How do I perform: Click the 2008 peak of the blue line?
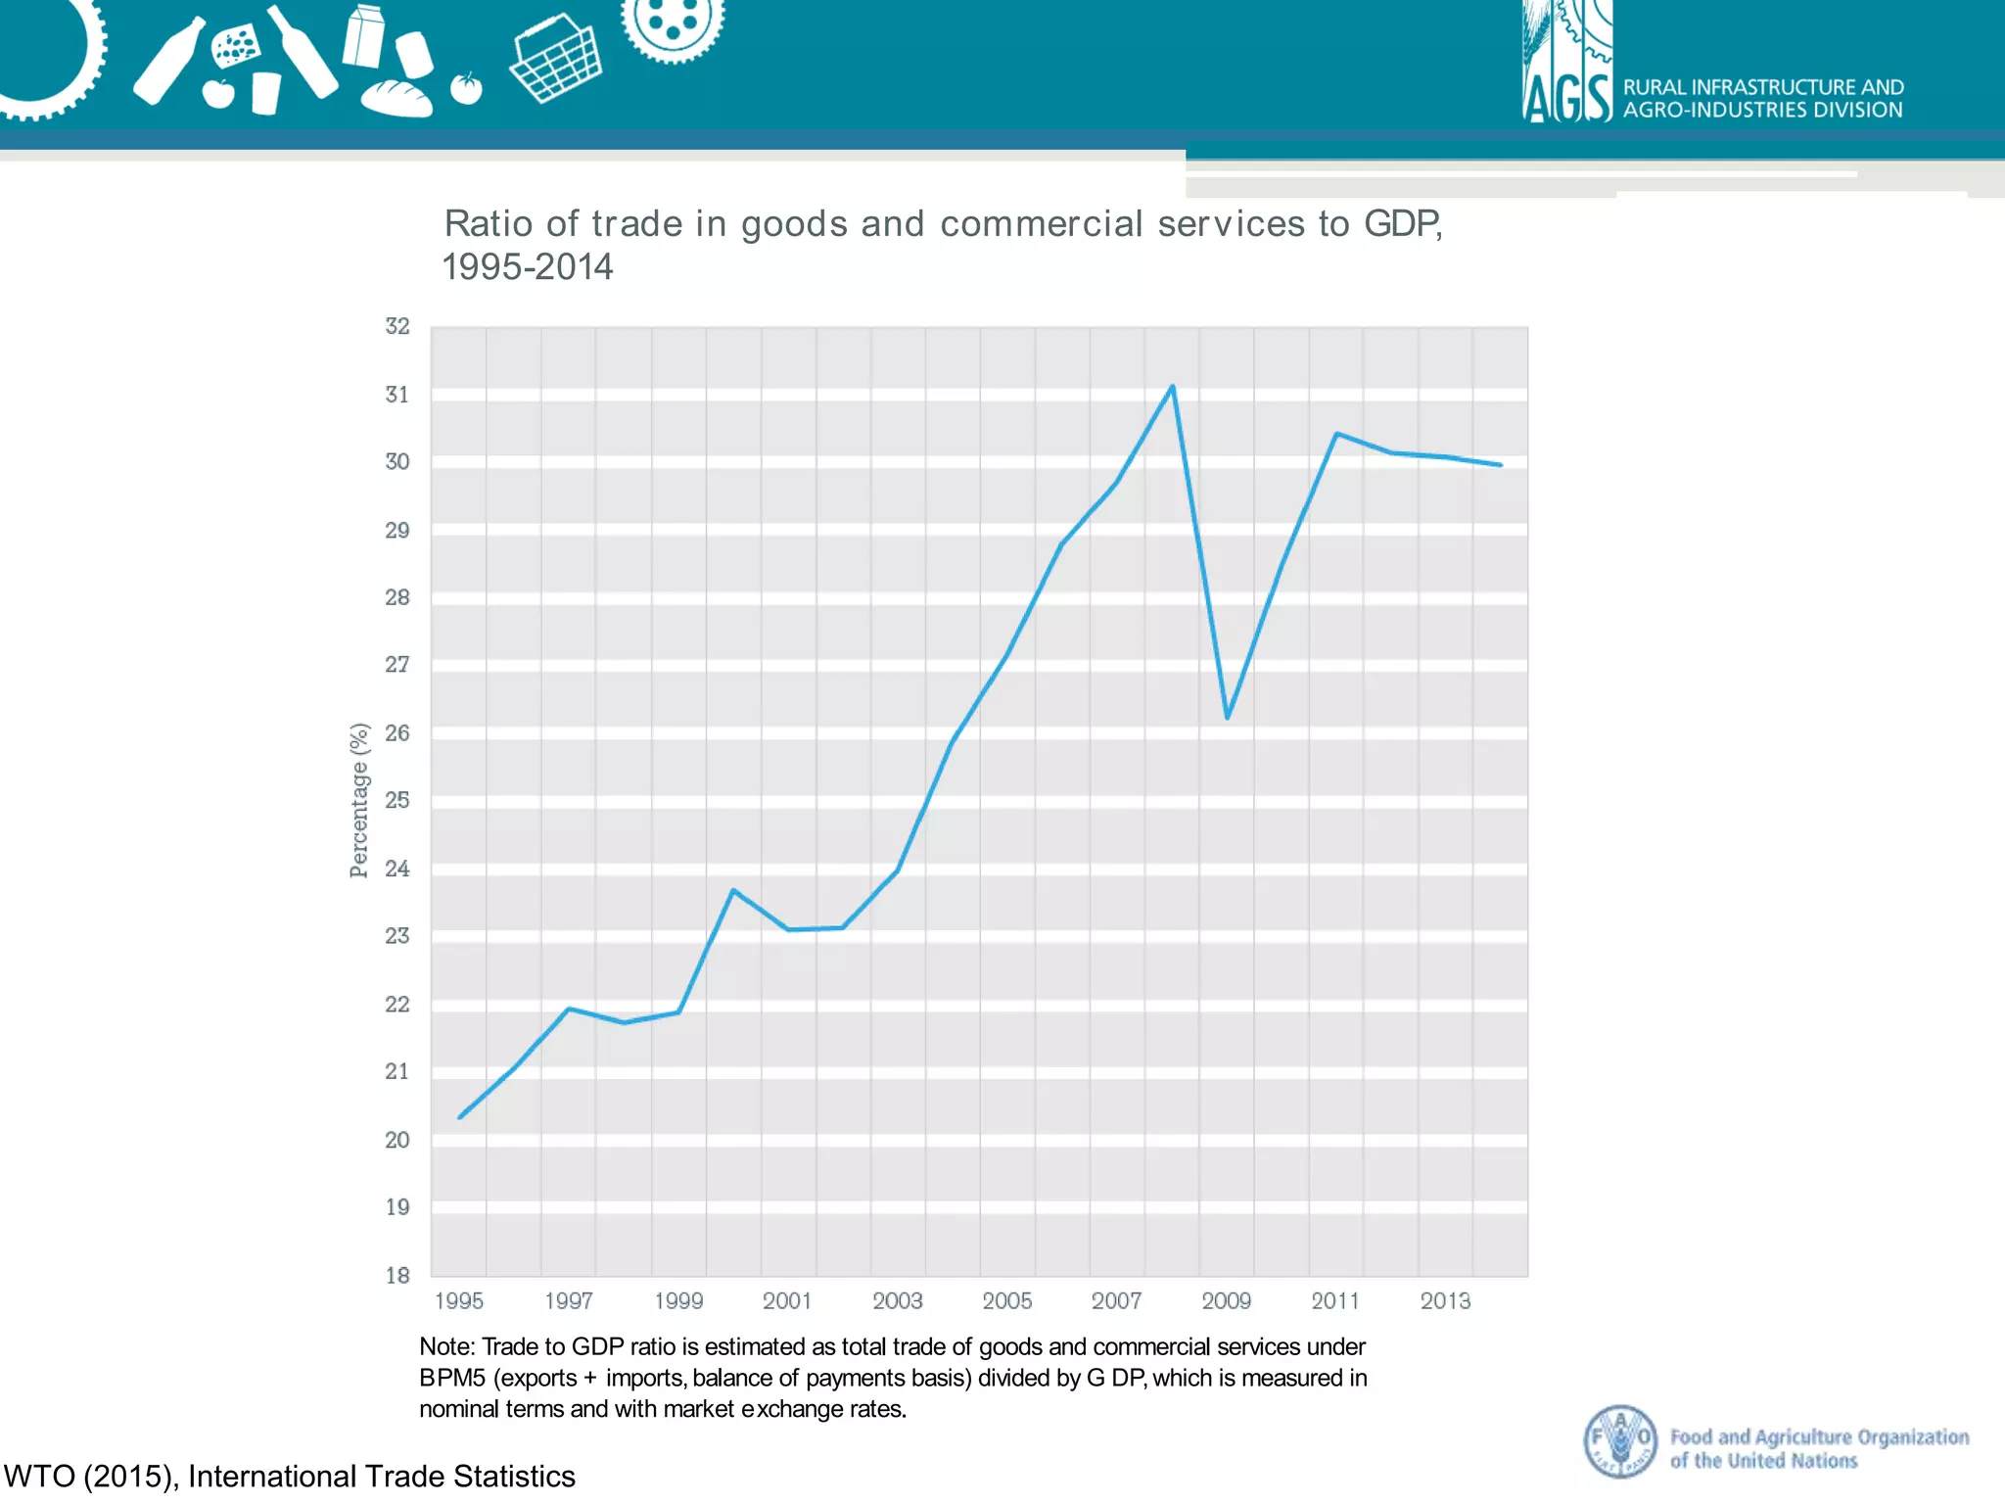coord(1172,387)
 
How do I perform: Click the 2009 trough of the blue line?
coord(1227,717)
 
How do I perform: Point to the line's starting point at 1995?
coord(460,1116)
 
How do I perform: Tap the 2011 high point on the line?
coord(1336,434)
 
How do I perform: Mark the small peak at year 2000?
coord(733,890)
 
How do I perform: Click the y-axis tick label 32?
coord(396,326)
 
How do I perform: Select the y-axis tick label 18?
coord(396,1275)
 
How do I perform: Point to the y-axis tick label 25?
coord(396,800)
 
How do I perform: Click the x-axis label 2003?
coord(897,1300)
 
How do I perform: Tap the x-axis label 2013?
coord(1445,1300)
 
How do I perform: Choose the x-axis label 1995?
coord(459,1300)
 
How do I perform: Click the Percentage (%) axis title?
coord(359,800)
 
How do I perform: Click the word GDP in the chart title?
coord(1401,224)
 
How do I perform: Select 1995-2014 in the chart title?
coord(527,267)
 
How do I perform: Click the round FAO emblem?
coord(1620,1440)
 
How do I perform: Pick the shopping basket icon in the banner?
coord(556,59)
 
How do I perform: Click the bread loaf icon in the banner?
coord(396,98)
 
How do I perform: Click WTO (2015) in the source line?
coord(90,1476)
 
